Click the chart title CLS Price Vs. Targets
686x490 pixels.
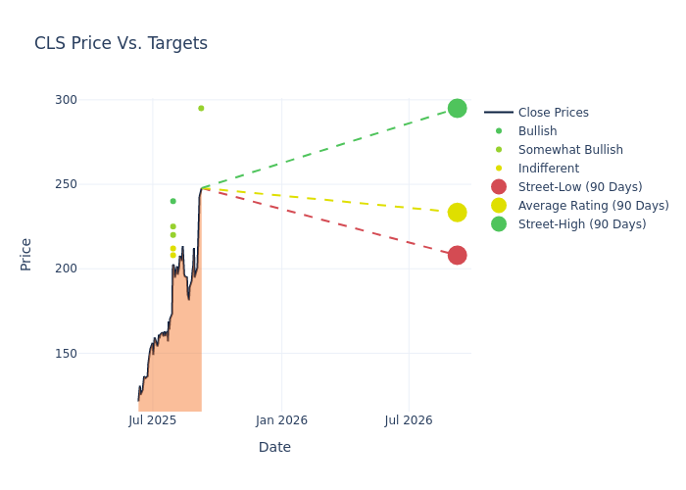pos(121,43)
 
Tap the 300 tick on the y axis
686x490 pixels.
pos(66,100)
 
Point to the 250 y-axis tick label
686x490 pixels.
pos(66,184)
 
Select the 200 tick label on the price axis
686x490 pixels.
pos(66,269)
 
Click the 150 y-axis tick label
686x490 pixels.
pos(66,353)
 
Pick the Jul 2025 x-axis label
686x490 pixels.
pos(152,420)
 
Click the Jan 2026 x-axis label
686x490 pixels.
pos(281,420)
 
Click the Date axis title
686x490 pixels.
pos(274,447)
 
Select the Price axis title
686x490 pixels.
pos(26,254)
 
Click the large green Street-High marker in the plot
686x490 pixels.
pos(457,108)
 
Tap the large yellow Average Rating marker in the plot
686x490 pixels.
pos(457,213)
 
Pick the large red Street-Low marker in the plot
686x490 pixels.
pos(457,256)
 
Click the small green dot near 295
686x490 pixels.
pos(201,108)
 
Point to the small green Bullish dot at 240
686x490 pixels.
pos(172,201)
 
